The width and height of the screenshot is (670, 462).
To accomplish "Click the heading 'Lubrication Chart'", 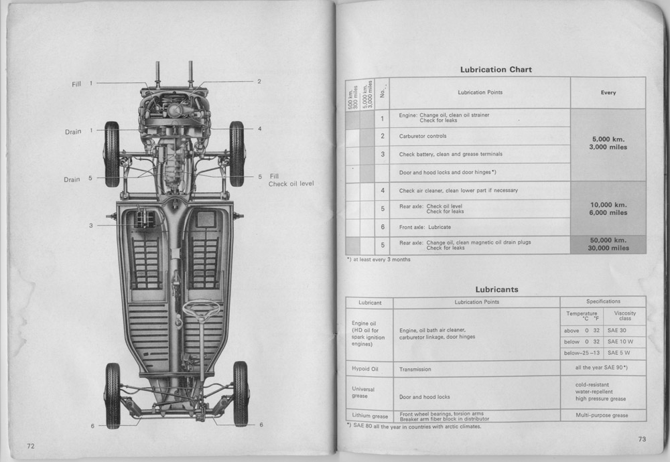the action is [x=496, y=70].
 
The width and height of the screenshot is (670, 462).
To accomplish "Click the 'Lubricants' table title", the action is [x=496, y=289].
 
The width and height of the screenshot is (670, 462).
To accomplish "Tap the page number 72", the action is [x=30, y=446].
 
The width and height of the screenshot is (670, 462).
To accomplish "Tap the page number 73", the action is [x=642, y=439].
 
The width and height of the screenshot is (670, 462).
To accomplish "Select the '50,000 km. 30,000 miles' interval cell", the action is [x=608, y=244].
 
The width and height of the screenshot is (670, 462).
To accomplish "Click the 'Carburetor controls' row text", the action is [x=423, y=136].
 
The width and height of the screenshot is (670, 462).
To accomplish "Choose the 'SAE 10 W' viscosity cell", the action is [x=620, y=341].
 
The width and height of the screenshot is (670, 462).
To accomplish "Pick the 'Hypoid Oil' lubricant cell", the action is [x=365, y=369].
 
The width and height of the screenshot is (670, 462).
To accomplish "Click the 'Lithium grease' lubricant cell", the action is [x=370, y=416].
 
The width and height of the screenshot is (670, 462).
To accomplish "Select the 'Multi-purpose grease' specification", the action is [x=602, y=415].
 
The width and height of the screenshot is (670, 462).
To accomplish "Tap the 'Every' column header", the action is [x=608, y=92].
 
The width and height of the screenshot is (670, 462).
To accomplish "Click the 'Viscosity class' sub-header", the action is [x=624, y=315].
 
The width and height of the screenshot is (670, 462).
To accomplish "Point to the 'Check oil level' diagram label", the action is [x=291, y=183].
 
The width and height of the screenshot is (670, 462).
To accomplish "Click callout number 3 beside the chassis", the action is [x=90, y=226].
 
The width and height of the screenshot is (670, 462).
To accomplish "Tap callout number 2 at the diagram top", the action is [x=259, y=81].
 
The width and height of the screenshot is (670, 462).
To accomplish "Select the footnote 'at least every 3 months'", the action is [x=379, y=260].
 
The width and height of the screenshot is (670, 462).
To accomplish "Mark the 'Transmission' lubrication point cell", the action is [x=415, y=370].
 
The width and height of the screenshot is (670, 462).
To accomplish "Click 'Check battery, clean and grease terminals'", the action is [x=451, y=154].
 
